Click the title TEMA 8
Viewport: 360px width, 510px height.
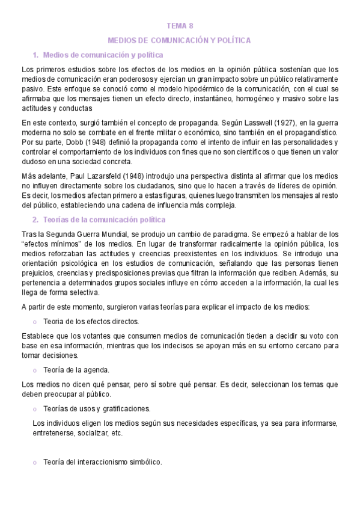point(180,26)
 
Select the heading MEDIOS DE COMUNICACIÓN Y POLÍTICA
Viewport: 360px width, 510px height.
point(179,40)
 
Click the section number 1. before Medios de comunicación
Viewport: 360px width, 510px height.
point(35,55)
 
